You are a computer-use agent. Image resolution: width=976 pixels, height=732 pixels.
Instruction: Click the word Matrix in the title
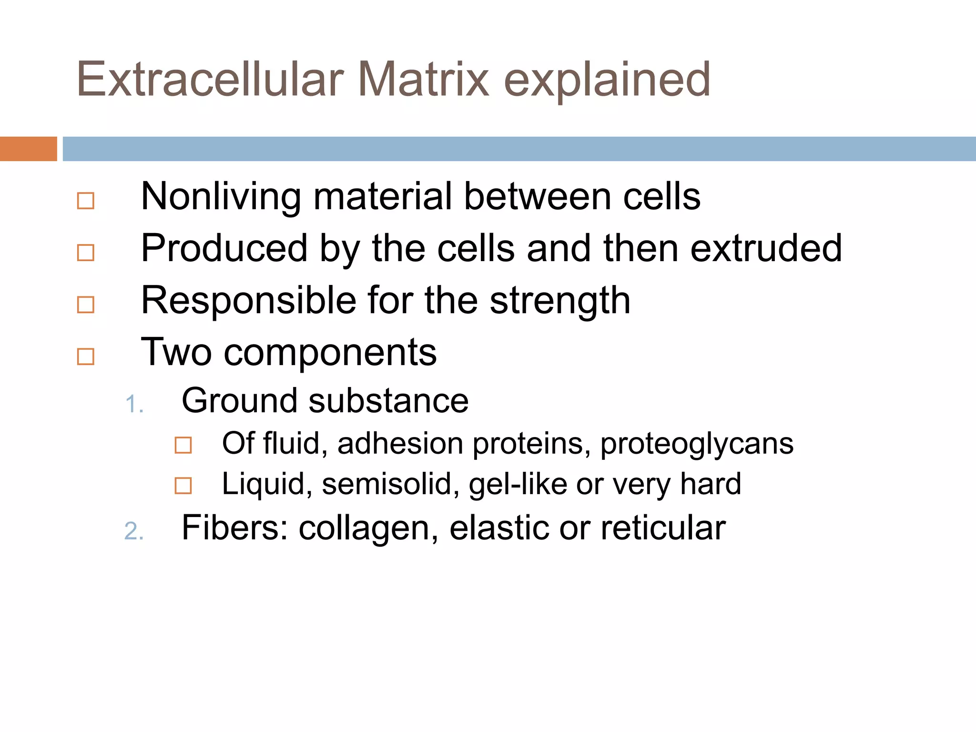[423, 79]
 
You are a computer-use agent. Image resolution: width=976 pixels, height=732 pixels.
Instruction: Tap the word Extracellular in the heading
[210, 79]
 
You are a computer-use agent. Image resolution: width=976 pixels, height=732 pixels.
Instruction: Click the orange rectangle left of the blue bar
[28, 149]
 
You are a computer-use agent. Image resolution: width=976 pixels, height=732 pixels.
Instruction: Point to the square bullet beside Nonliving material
[86, 201]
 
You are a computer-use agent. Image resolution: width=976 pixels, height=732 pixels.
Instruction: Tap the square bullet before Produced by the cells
[86, 253]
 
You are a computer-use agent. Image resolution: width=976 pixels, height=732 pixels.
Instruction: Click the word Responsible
[248, 301]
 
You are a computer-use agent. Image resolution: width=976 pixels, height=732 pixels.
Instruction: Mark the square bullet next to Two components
[86, 356]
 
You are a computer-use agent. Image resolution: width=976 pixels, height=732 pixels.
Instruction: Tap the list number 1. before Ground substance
[134, 405]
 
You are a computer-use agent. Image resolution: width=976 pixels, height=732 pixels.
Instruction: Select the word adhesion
[400, 443]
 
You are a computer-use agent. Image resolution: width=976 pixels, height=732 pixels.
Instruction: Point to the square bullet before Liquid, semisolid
[183, 486]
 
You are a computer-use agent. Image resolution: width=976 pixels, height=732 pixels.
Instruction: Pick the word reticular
[663, 528]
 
